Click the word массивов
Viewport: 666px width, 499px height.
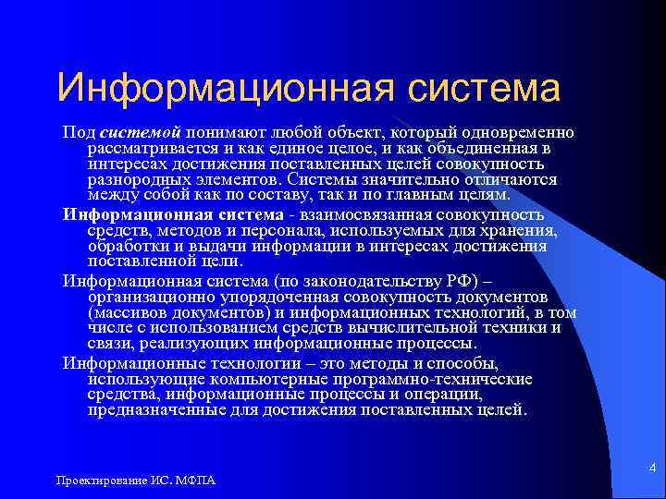click(127, 311)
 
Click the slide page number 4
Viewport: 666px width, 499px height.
click(651, 469)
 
